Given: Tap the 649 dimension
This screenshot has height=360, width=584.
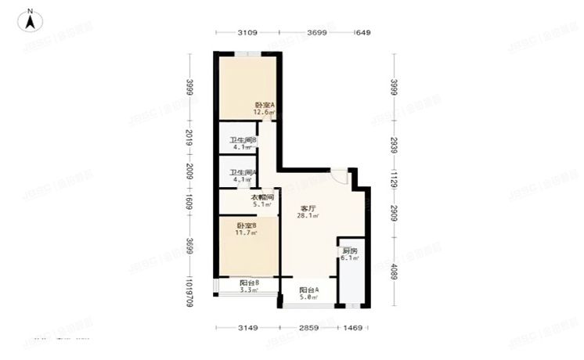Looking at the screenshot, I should coord(362,33).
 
